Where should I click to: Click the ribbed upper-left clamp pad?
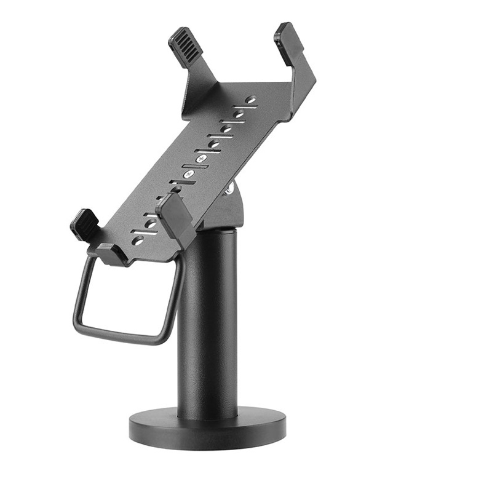[184, 44]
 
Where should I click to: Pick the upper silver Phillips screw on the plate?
[200, 159]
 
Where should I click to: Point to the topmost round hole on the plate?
[251, 99]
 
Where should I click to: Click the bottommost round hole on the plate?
[138, 239]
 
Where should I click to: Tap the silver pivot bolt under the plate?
[229, 188]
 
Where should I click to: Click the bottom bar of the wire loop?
[120, 335]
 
